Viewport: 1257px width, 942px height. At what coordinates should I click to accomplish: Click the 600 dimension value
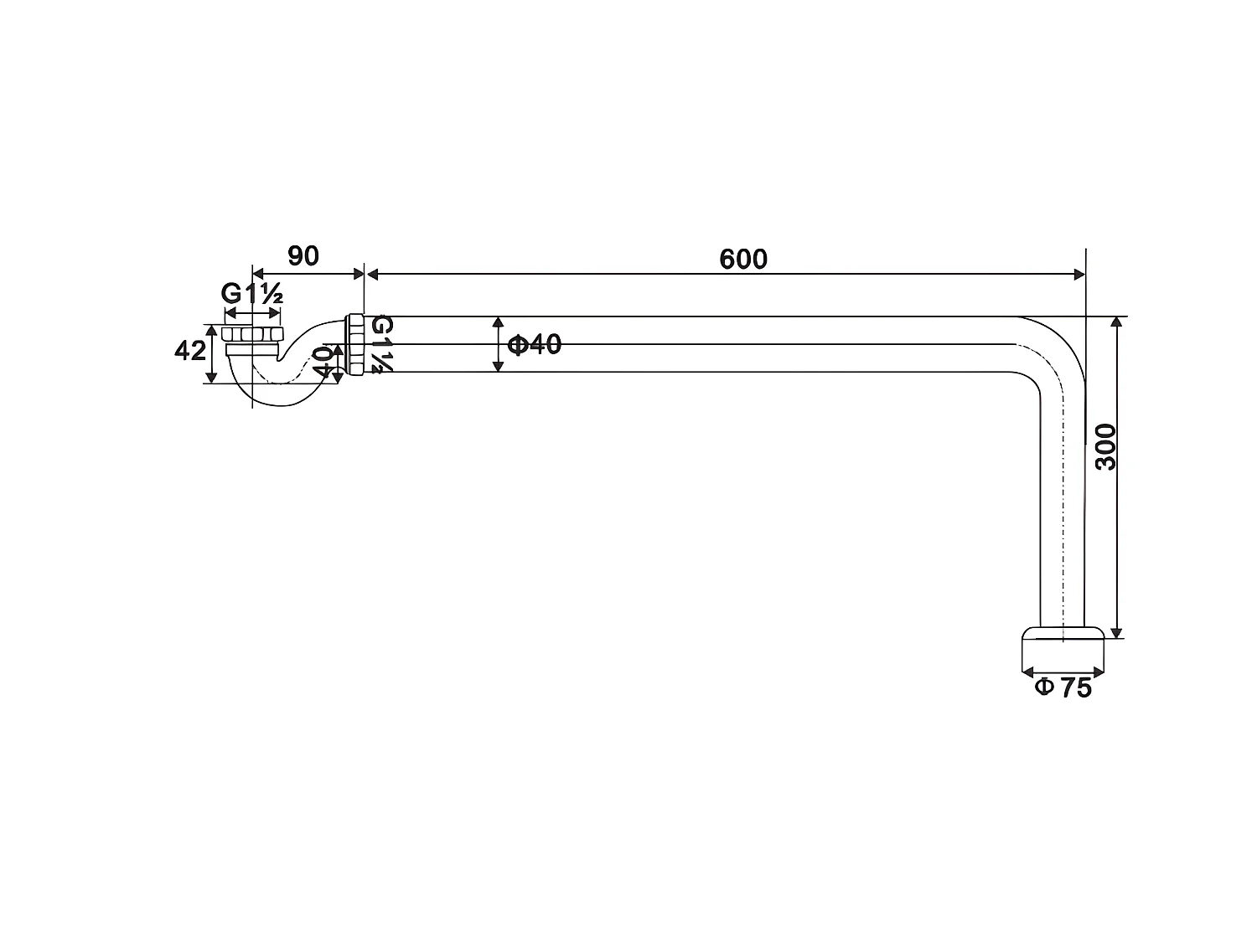743,259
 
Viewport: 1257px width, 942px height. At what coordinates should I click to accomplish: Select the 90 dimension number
303,255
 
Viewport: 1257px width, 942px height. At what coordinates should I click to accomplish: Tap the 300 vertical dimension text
1105,447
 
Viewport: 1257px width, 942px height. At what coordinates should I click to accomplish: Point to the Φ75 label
1063,687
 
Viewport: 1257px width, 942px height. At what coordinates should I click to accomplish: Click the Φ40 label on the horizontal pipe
535,344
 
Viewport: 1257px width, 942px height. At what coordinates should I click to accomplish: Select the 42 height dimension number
189,351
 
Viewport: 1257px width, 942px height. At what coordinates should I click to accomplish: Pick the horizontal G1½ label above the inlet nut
251,294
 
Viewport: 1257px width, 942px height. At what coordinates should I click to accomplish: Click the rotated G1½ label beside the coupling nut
381,344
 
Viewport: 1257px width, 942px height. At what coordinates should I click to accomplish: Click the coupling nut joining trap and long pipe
355,344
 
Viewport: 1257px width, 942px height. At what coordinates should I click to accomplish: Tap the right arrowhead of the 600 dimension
1079,274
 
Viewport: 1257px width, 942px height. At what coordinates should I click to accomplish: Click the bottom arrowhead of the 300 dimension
1115,633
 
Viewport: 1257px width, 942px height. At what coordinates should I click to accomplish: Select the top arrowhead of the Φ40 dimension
499,322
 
